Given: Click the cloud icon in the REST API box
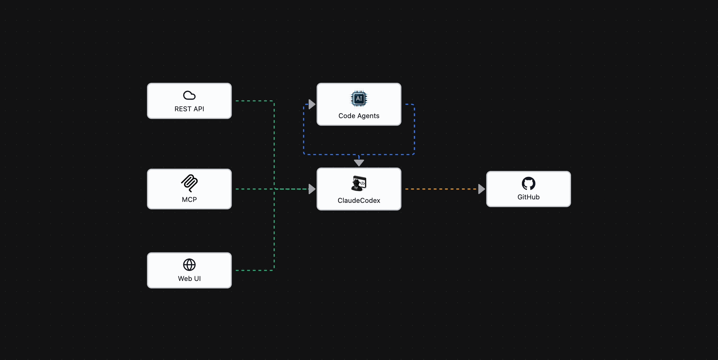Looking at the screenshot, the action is (x=189, y=95).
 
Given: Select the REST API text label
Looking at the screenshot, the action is (x=189, y=109).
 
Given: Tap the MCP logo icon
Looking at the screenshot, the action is (x=189, y=183).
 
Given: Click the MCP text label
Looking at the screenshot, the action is (x=189, y=199).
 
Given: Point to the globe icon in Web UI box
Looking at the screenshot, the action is (x=189, y=265).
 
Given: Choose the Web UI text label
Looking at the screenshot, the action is (x=189, y=278).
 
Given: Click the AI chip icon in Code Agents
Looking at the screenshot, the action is (x=359, y=98).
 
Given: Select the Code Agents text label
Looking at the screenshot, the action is (x=359, y=116).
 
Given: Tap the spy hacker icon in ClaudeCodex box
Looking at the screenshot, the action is (x=359, y=183).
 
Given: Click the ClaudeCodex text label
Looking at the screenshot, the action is (x=359, y=200).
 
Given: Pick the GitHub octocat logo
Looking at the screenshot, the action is (x=528, y=183).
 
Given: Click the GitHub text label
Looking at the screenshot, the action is (x=528, y=197).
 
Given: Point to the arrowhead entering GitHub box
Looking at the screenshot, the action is (x=482, y=189).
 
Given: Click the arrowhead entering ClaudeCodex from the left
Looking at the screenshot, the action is (x=312, y=189).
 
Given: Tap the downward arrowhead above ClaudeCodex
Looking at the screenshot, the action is (x=359, y=163).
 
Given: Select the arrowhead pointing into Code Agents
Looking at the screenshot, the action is (x=312, y=104).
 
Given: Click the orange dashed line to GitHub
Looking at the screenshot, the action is (x=442, y=189).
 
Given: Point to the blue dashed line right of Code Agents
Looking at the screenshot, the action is (x=414, y=129).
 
